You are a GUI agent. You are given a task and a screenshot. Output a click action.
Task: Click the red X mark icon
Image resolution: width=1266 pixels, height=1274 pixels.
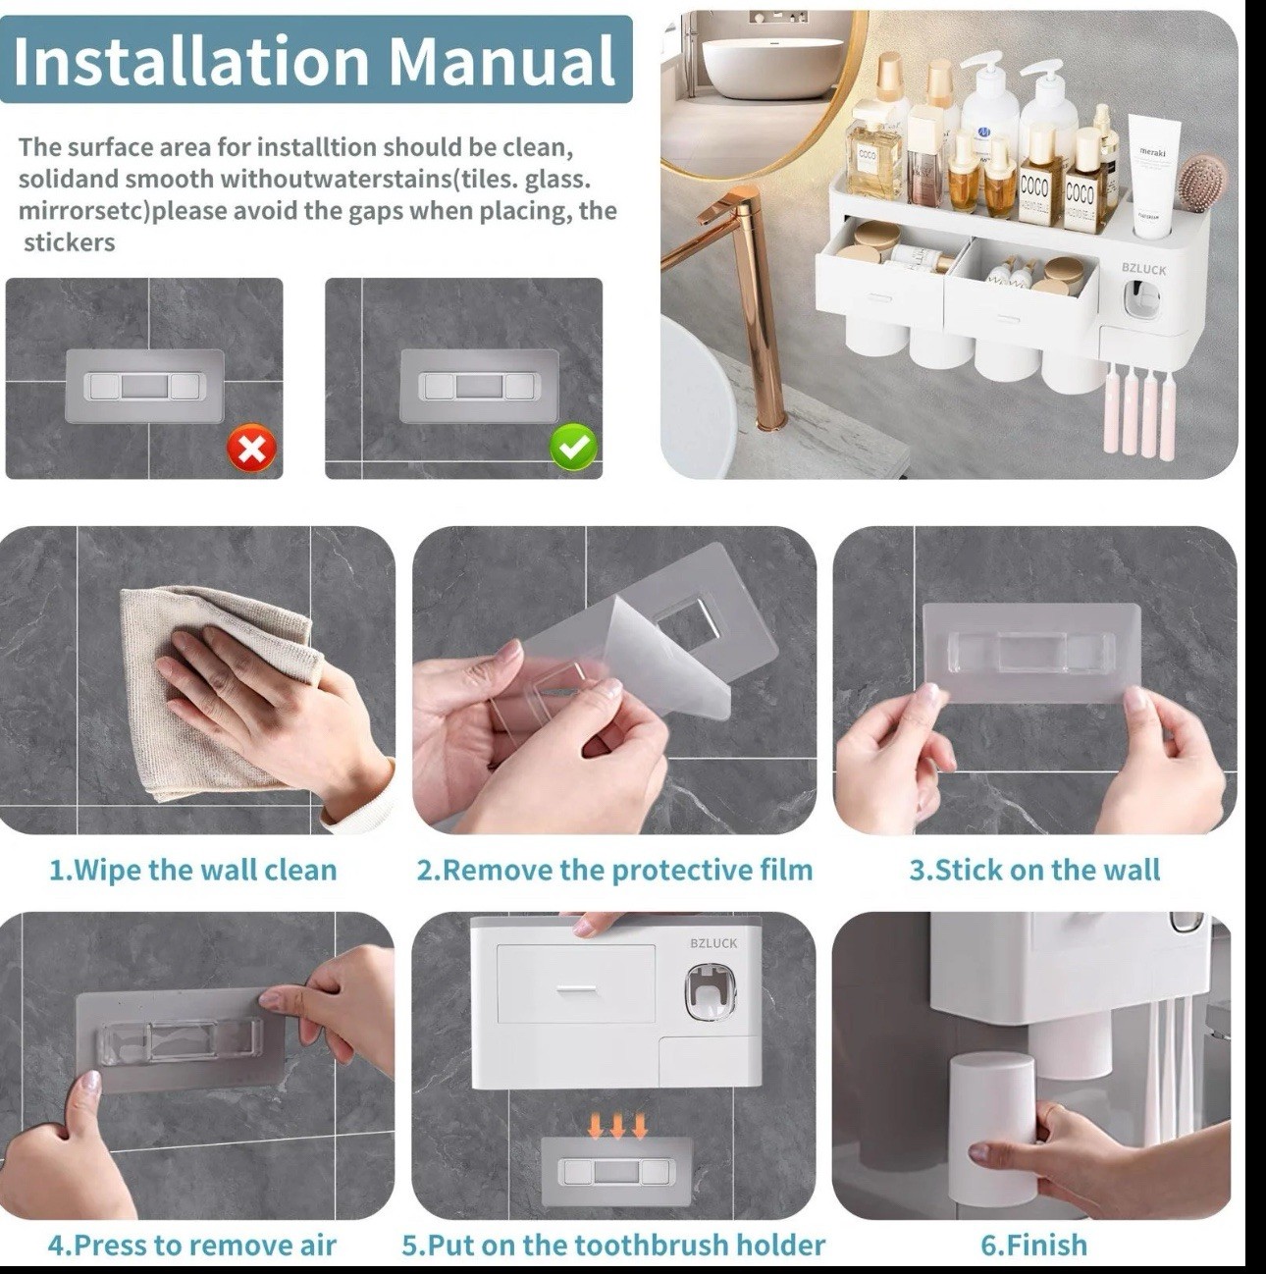(x=251, y=450)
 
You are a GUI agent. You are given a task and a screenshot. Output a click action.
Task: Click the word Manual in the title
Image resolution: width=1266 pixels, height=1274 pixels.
(x=501, y=61)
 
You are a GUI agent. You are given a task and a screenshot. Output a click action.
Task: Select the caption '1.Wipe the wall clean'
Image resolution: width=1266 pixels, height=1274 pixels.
(x=193, y=870)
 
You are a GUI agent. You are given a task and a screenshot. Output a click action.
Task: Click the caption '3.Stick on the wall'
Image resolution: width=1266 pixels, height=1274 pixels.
(x=1034, y=870)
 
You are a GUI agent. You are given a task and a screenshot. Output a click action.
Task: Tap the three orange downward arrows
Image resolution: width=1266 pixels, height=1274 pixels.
(x=617, y=1125)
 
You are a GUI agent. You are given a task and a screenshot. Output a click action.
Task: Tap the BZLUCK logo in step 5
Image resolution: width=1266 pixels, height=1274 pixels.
(x=713, y=943)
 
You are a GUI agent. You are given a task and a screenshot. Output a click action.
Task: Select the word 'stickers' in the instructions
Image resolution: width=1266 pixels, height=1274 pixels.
(x=70, y=242)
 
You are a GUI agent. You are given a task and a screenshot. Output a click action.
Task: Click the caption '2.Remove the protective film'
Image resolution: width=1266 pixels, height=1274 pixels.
(x=614, y=870)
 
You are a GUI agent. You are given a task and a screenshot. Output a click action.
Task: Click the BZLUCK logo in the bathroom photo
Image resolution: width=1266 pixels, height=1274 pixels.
(x=1143, y=270)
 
